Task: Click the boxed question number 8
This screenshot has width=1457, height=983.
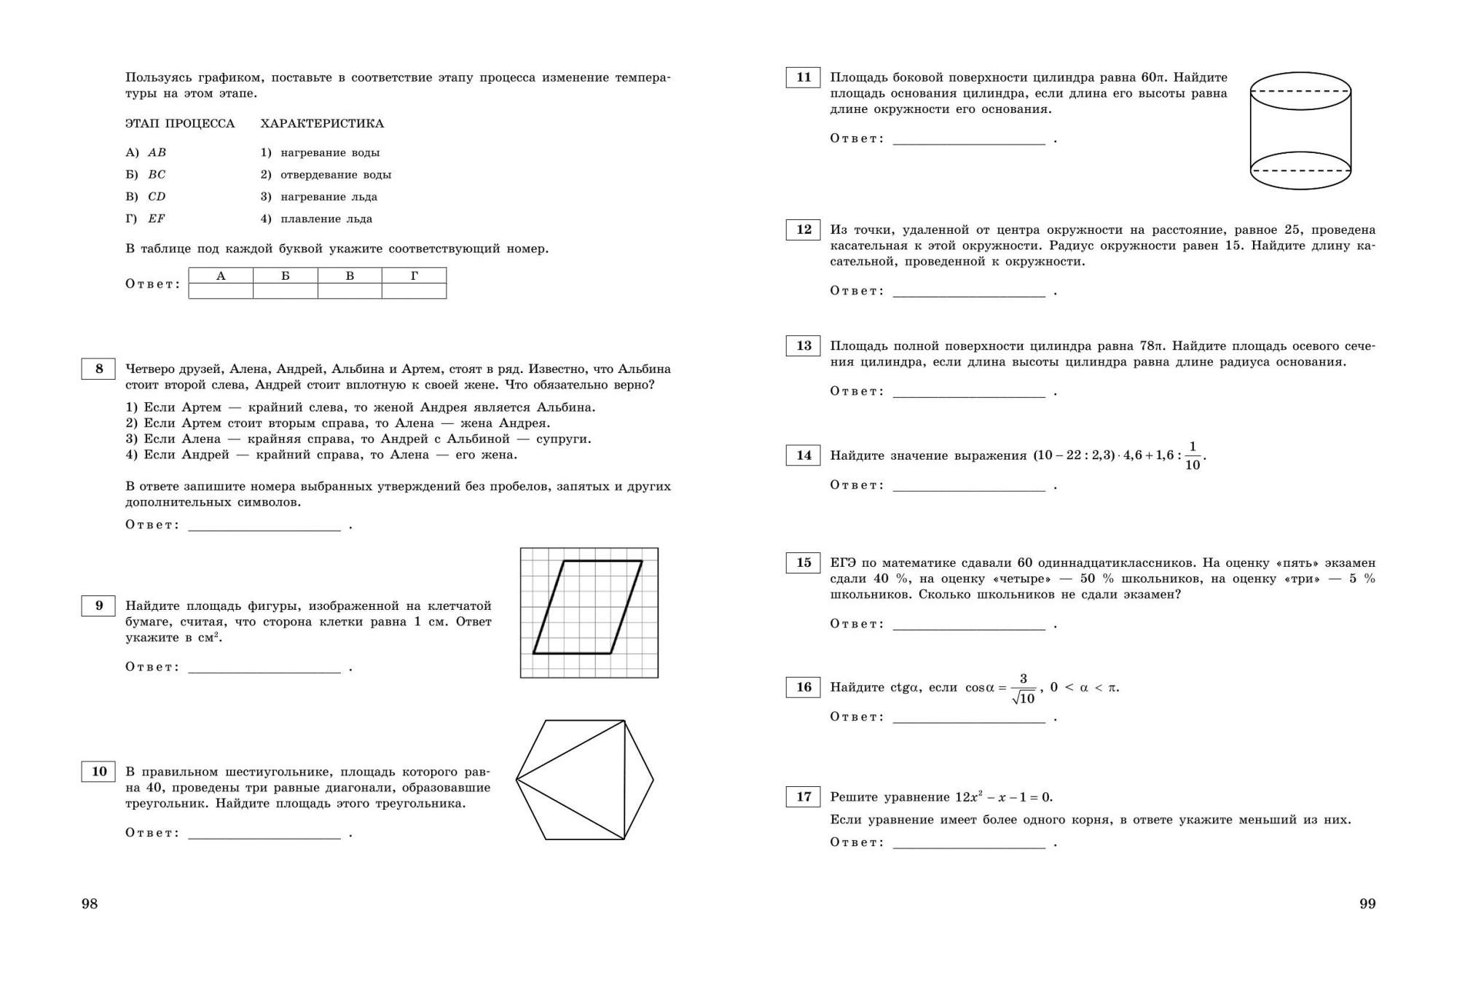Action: tap(98, 369)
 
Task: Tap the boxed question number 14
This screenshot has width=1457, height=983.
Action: tap(803, 455)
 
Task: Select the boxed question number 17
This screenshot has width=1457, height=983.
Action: tap(803, 796)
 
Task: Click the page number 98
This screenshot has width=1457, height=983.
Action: tap(90, 904)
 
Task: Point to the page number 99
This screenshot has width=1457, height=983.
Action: tap(1367, 904)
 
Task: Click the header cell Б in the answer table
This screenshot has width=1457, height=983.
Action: tap(286, 275)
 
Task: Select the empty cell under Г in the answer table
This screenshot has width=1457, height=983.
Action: tap(414, 291)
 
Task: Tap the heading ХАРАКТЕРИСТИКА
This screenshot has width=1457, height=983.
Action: tap(322, 124)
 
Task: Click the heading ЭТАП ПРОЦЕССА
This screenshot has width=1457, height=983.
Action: tap(180, 124)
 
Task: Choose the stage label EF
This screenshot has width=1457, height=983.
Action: tap(157, 219)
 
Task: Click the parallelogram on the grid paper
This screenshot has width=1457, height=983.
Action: tap(588, 607)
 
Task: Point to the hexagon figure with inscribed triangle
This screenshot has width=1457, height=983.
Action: tap(585, 780)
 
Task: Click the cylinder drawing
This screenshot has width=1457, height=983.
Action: tap(1300, 131)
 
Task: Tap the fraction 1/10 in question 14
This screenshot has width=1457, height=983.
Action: tap(1192, 456)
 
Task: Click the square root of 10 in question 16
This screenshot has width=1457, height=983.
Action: tap(1024, 698)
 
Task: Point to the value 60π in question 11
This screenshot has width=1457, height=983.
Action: tap(1154, 77)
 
